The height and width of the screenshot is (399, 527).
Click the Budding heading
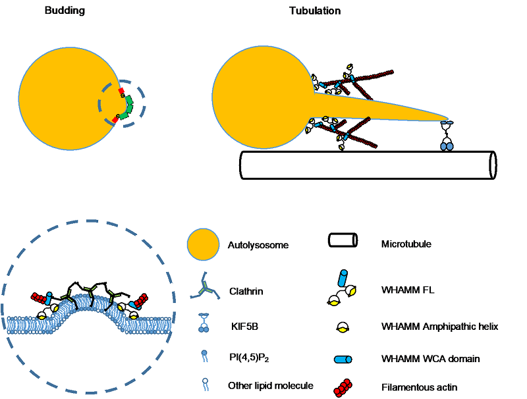(x=65, y=11)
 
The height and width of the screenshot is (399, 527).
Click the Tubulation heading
(x=315, y=11)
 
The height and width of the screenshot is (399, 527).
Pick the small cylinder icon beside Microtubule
(x=343, y=241)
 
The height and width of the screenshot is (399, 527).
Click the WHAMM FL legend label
(x=403, y=289)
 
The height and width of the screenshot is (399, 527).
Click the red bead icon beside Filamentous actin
(x=343, y=388)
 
